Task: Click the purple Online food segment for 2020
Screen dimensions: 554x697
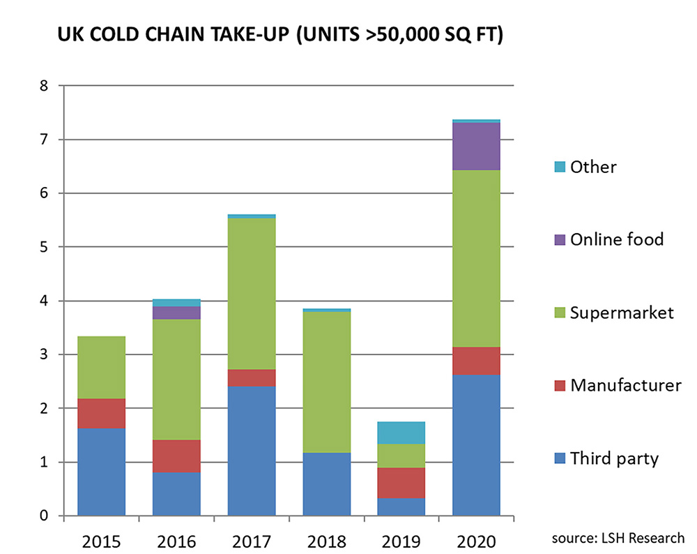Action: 476,146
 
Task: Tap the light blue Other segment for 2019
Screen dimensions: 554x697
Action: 401,433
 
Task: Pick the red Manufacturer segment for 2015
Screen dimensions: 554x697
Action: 101,413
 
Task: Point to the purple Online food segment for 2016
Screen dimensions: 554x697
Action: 176,313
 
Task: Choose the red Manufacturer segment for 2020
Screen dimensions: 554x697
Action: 476,361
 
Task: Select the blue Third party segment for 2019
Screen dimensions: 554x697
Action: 401,507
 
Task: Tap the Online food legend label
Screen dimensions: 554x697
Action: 616,239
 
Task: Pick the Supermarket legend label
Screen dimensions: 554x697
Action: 622,312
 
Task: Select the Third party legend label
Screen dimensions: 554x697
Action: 614,458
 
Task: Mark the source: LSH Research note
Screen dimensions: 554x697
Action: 618,537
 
